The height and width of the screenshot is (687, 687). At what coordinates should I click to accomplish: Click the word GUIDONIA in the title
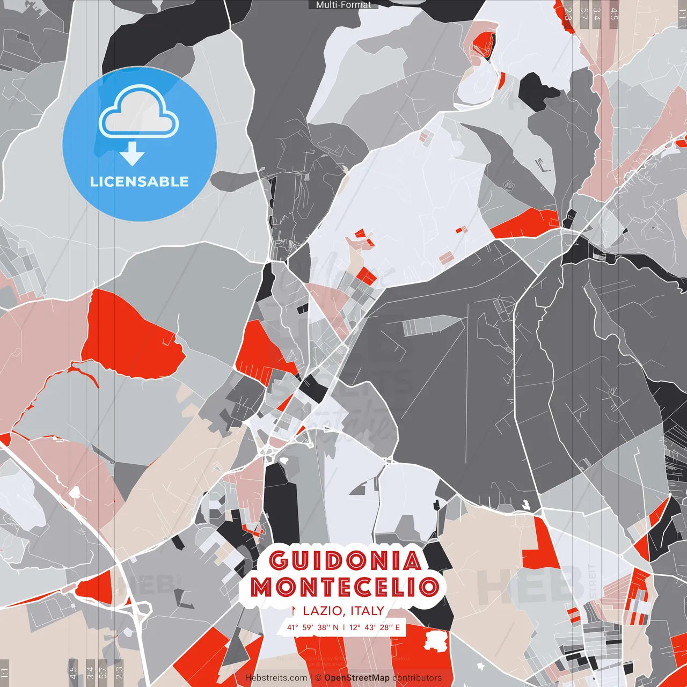coord(345,561)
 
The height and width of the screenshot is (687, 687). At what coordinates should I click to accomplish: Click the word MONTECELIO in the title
coord(345,587)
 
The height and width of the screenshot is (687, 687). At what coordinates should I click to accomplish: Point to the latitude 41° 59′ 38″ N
coord(313,627)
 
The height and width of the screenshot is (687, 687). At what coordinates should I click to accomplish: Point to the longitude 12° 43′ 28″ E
coord(375,627)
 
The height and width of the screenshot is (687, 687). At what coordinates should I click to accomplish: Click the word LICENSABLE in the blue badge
coord(140,181)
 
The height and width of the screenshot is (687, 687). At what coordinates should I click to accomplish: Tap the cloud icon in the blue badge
coord(139,112)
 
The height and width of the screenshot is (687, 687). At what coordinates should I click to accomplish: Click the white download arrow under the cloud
coord(132,154)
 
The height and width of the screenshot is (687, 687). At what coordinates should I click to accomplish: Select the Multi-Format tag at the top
coord(343,5)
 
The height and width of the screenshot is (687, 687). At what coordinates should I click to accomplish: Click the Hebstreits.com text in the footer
coord(276,678)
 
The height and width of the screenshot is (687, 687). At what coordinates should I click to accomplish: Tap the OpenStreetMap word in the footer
coord(357,678)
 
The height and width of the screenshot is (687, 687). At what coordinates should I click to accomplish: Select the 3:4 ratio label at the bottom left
coord(90,673)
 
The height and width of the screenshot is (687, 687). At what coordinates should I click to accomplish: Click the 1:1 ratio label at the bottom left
coord(5,673)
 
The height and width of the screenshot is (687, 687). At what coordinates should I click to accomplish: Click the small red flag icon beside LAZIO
coord(294,611)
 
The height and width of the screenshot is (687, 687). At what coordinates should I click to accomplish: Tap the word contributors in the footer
coord(417,678)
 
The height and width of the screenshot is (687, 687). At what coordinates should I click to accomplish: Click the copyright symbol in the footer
coord(318,678)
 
